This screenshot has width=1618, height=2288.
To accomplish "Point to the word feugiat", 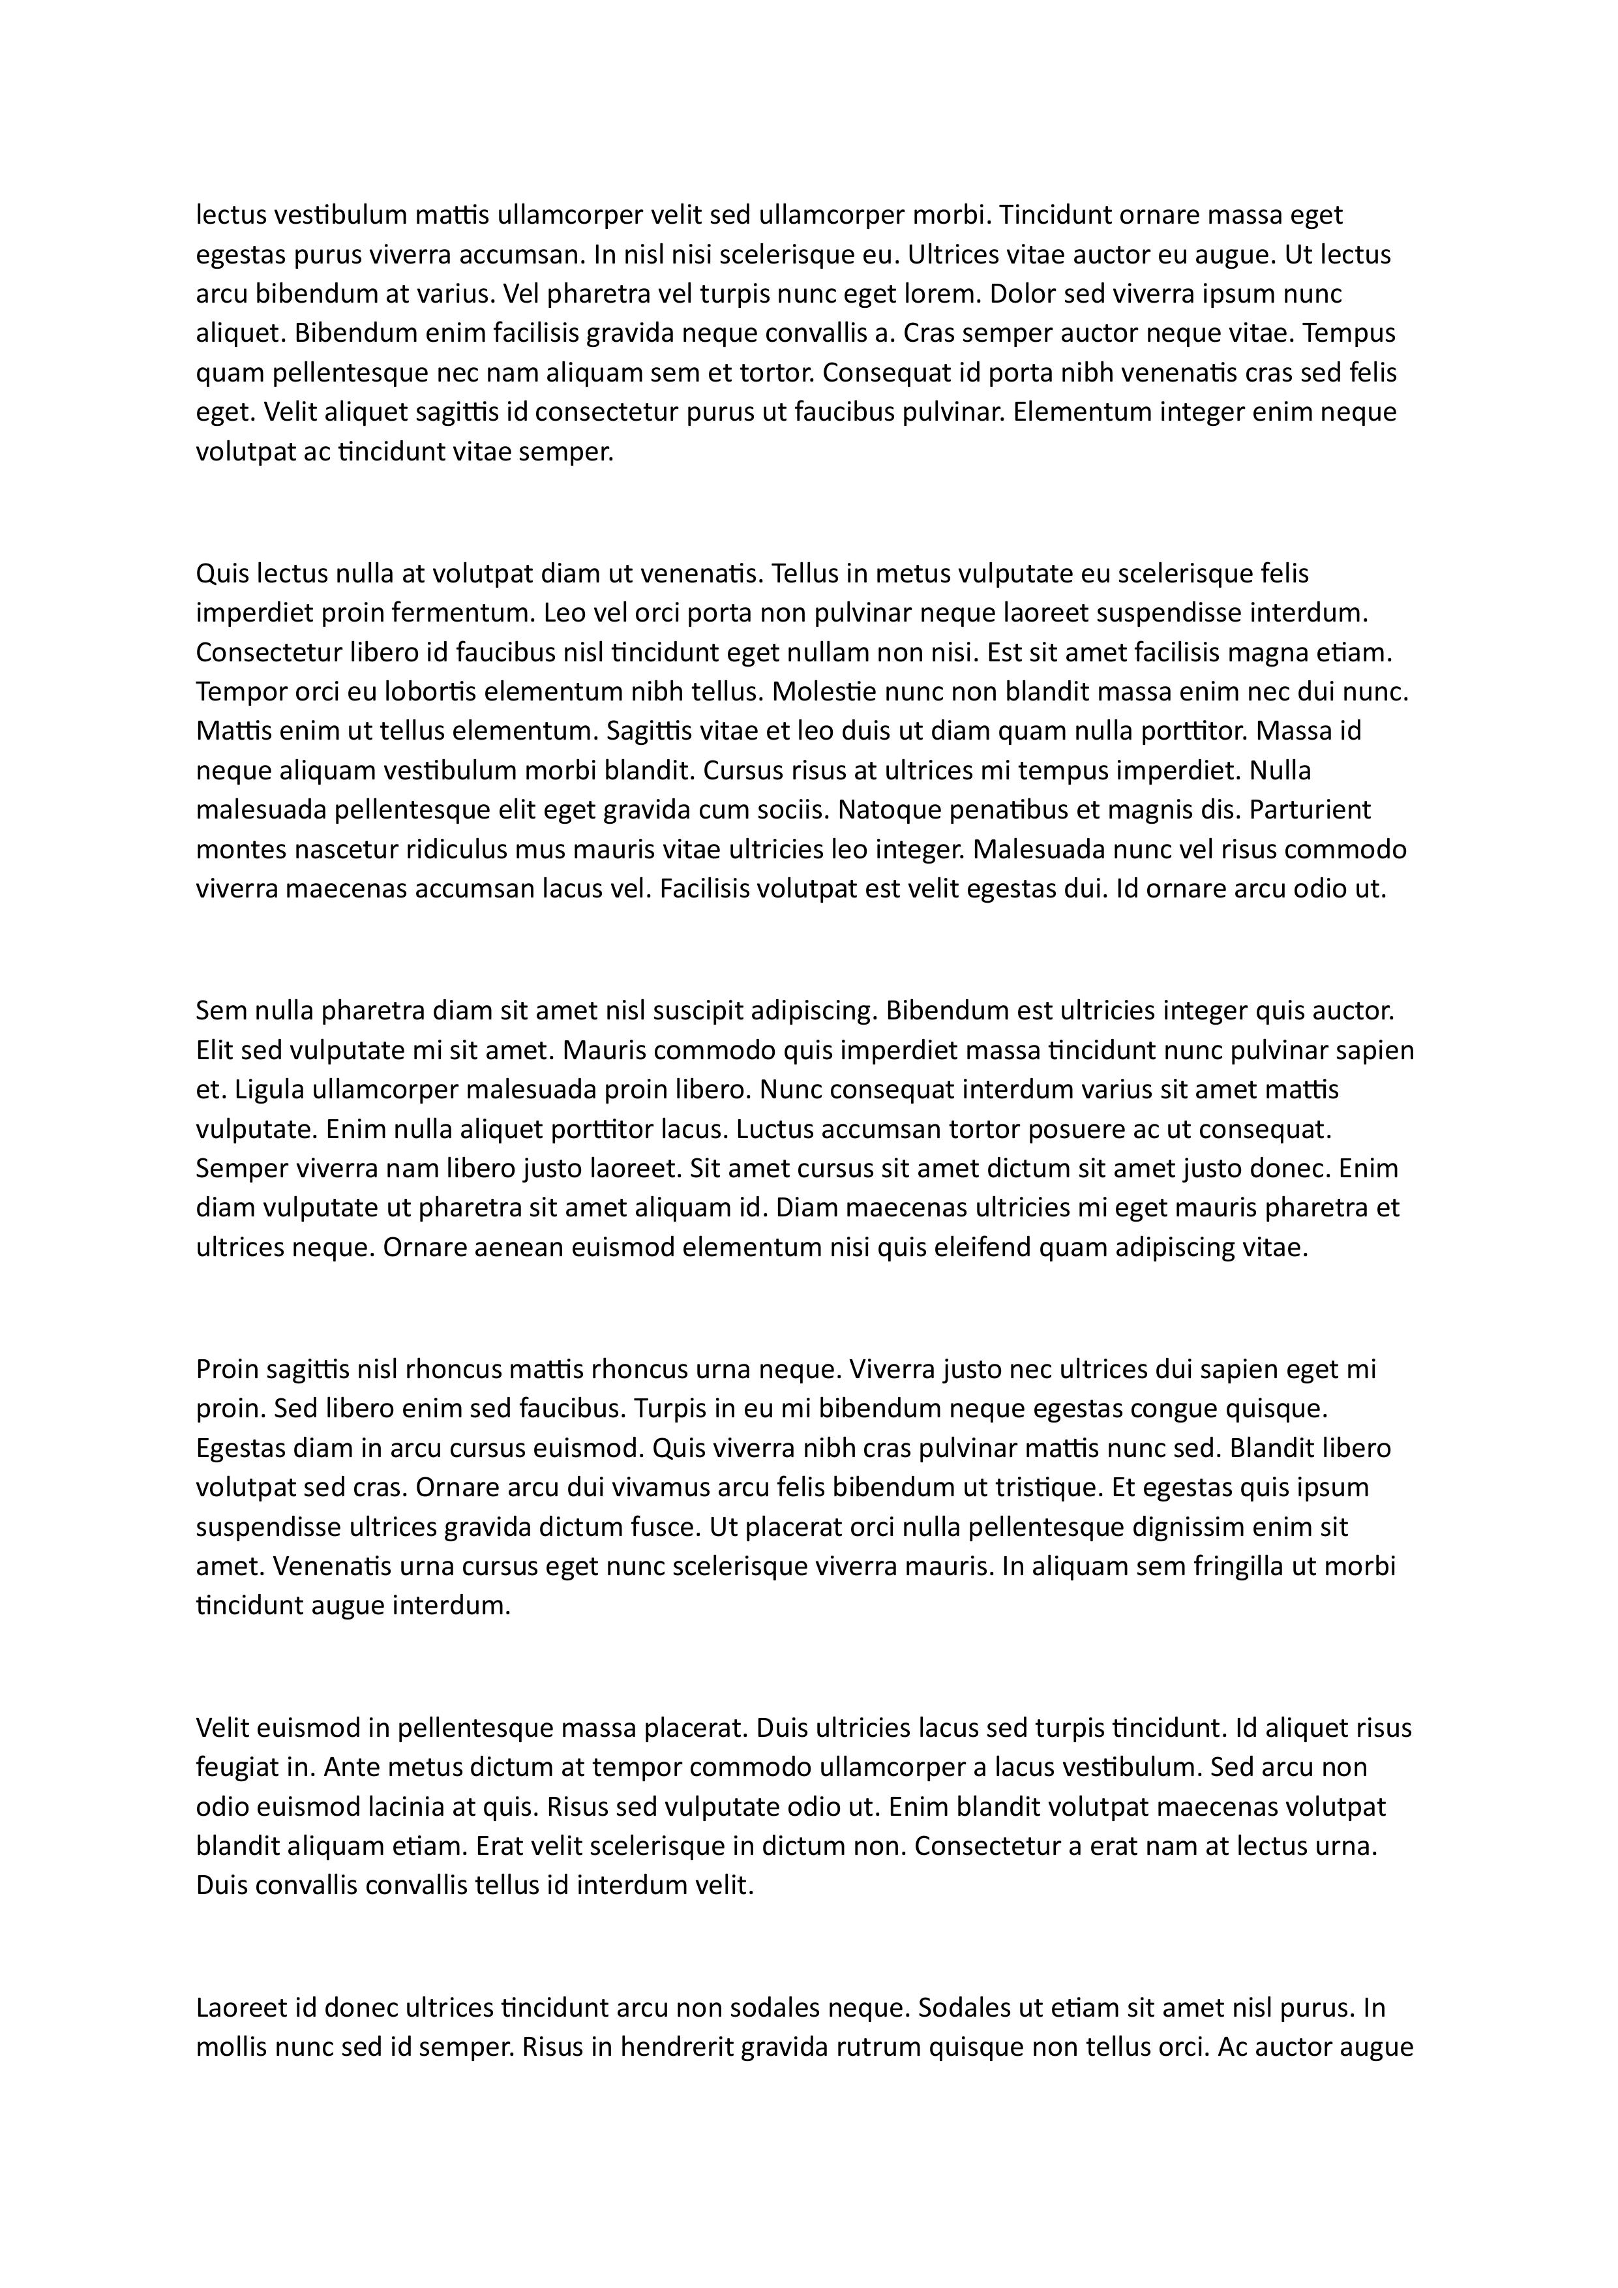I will tap(237, 1768).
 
